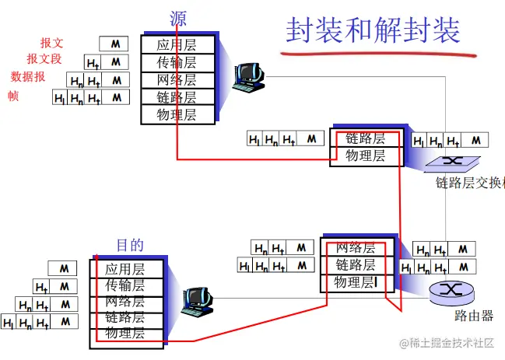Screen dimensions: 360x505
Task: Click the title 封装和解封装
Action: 373,30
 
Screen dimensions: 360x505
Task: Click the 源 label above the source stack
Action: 178,18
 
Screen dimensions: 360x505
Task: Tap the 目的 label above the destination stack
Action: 130,245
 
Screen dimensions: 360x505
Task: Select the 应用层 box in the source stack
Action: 176,44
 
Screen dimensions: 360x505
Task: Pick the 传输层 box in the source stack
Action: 176,62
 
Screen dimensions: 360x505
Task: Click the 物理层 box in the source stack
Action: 176,115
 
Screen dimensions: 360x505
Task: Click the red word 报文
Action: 52,44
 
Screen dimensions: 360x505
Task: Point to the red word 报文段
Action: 44,59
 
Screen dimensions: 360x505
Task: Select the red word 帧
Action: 13,96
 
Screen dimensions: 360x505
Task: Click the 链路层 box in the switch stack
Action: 366,138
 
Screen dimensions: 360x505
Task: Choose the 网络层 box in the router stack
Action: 355,248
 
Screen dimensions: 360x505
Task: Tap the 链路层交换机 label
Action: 470,183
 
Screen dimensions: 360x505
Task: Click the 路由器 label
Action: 474,316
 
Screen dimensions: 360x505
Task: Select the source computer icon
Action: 251,76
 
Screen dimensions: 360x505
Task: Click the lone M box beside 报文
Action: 114,44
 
